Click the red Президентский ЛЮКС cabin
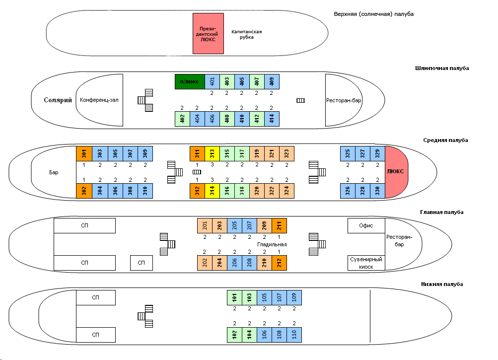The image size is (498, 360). click(208, 33)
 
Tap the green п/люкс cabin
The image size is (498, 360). click(189, 81)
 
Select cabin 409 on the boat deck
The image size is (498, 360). click(272, 81)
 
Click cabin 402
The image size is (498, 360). click(182, 119)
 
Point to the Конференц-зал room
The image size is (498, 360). click(99, 100)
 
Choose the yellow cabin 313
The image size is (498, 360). click(212, 154)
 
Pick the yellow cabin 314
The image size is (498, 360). click(212, 191)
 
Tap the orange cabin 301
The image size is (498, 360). click(84, 154)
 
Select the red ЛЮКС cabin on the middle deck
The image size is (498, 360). click(396, 172)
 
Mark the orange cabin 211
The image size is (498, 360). click(279, 225)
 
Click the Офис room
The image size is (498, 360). click(366, 225)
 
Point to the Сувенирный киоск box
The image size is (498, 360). click(366, 263)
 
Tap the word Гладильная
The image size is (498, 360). click(272, 245)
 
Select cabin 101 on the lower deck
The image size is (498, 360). click(234, 297)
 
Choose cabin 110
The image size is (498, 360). click(294, 335)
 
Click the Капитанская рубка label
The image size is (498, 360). click(246, 34)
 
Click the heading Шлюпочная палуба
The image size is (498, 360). click(441, 68)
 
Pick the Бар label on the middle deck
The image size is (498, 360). click(54, 172)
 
